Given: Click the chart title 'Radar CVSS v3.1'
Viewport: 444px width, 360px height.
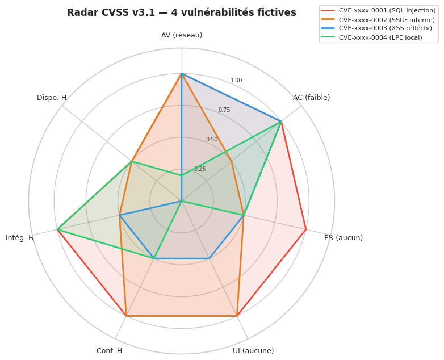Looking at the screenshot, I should tap(182, 13).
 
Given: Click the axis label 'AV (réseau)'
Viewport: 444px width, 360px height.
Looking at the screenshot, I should tap(182, 35).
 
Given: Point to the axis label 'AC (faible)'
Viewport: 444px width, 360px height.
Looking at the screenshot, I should tap(311, 98).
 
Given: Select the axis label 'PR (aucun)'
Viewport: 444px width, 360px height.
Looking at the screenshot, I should tap(344, 238).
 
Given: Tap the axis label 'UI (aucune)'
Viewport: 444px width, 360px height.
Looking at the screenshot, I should tap(253, 351).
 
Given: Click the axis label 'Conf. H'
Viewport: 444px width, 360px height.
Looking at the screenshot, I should tap(109, 351).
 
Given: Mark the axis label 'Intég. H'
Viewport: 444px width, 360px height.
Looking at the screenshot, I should tap(19, 238).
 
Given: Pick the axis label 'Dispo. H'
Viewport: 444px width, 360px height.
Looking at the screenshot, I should tap(52, 98).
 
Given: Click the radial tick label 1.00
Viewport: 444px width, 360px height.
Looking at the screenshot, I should tap(236, 81).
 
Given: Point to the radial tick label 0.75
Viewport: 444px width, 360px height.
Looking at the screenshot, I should tap(224, 110).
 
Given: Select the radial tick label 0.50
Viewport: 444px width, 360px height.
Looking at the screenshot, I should tap(212, 140).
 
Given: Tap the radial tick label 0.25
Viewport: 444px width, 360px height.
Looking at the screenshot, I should tap(200, 169).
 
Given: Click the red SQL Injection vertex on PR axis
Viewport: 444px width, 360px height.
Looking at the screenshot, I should tap(306, 229).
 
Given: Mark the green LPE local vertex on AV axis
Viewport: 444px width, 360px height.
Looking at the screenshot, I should tap(182, 175).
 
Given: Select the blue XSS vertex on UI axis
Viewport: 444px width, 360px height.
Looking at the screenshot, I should tap(210, 258).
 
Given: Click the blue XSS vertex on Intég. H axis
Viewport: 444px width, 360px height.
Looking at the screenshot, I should tap(119, 215).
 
